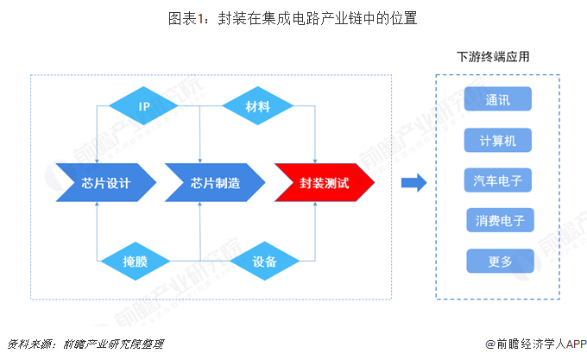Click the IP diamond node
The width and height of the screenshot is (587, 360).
click(x=144, y=107)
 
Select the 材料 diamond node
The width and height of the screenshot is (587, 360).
click(x=257, y=107)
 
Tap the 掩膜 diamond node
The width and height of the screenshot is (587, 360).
click(x=135, y=261)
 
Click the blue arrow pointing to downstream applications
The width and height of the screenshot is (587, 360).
click(x=415, y=182)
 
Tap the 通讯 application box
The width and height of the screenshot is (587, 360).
click(x=498, y=99)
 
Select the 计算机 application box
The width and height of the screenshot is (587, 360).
click(x=498, y=140)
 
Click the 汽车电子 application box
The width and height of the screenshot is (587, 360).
click(x=498, y=180)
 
